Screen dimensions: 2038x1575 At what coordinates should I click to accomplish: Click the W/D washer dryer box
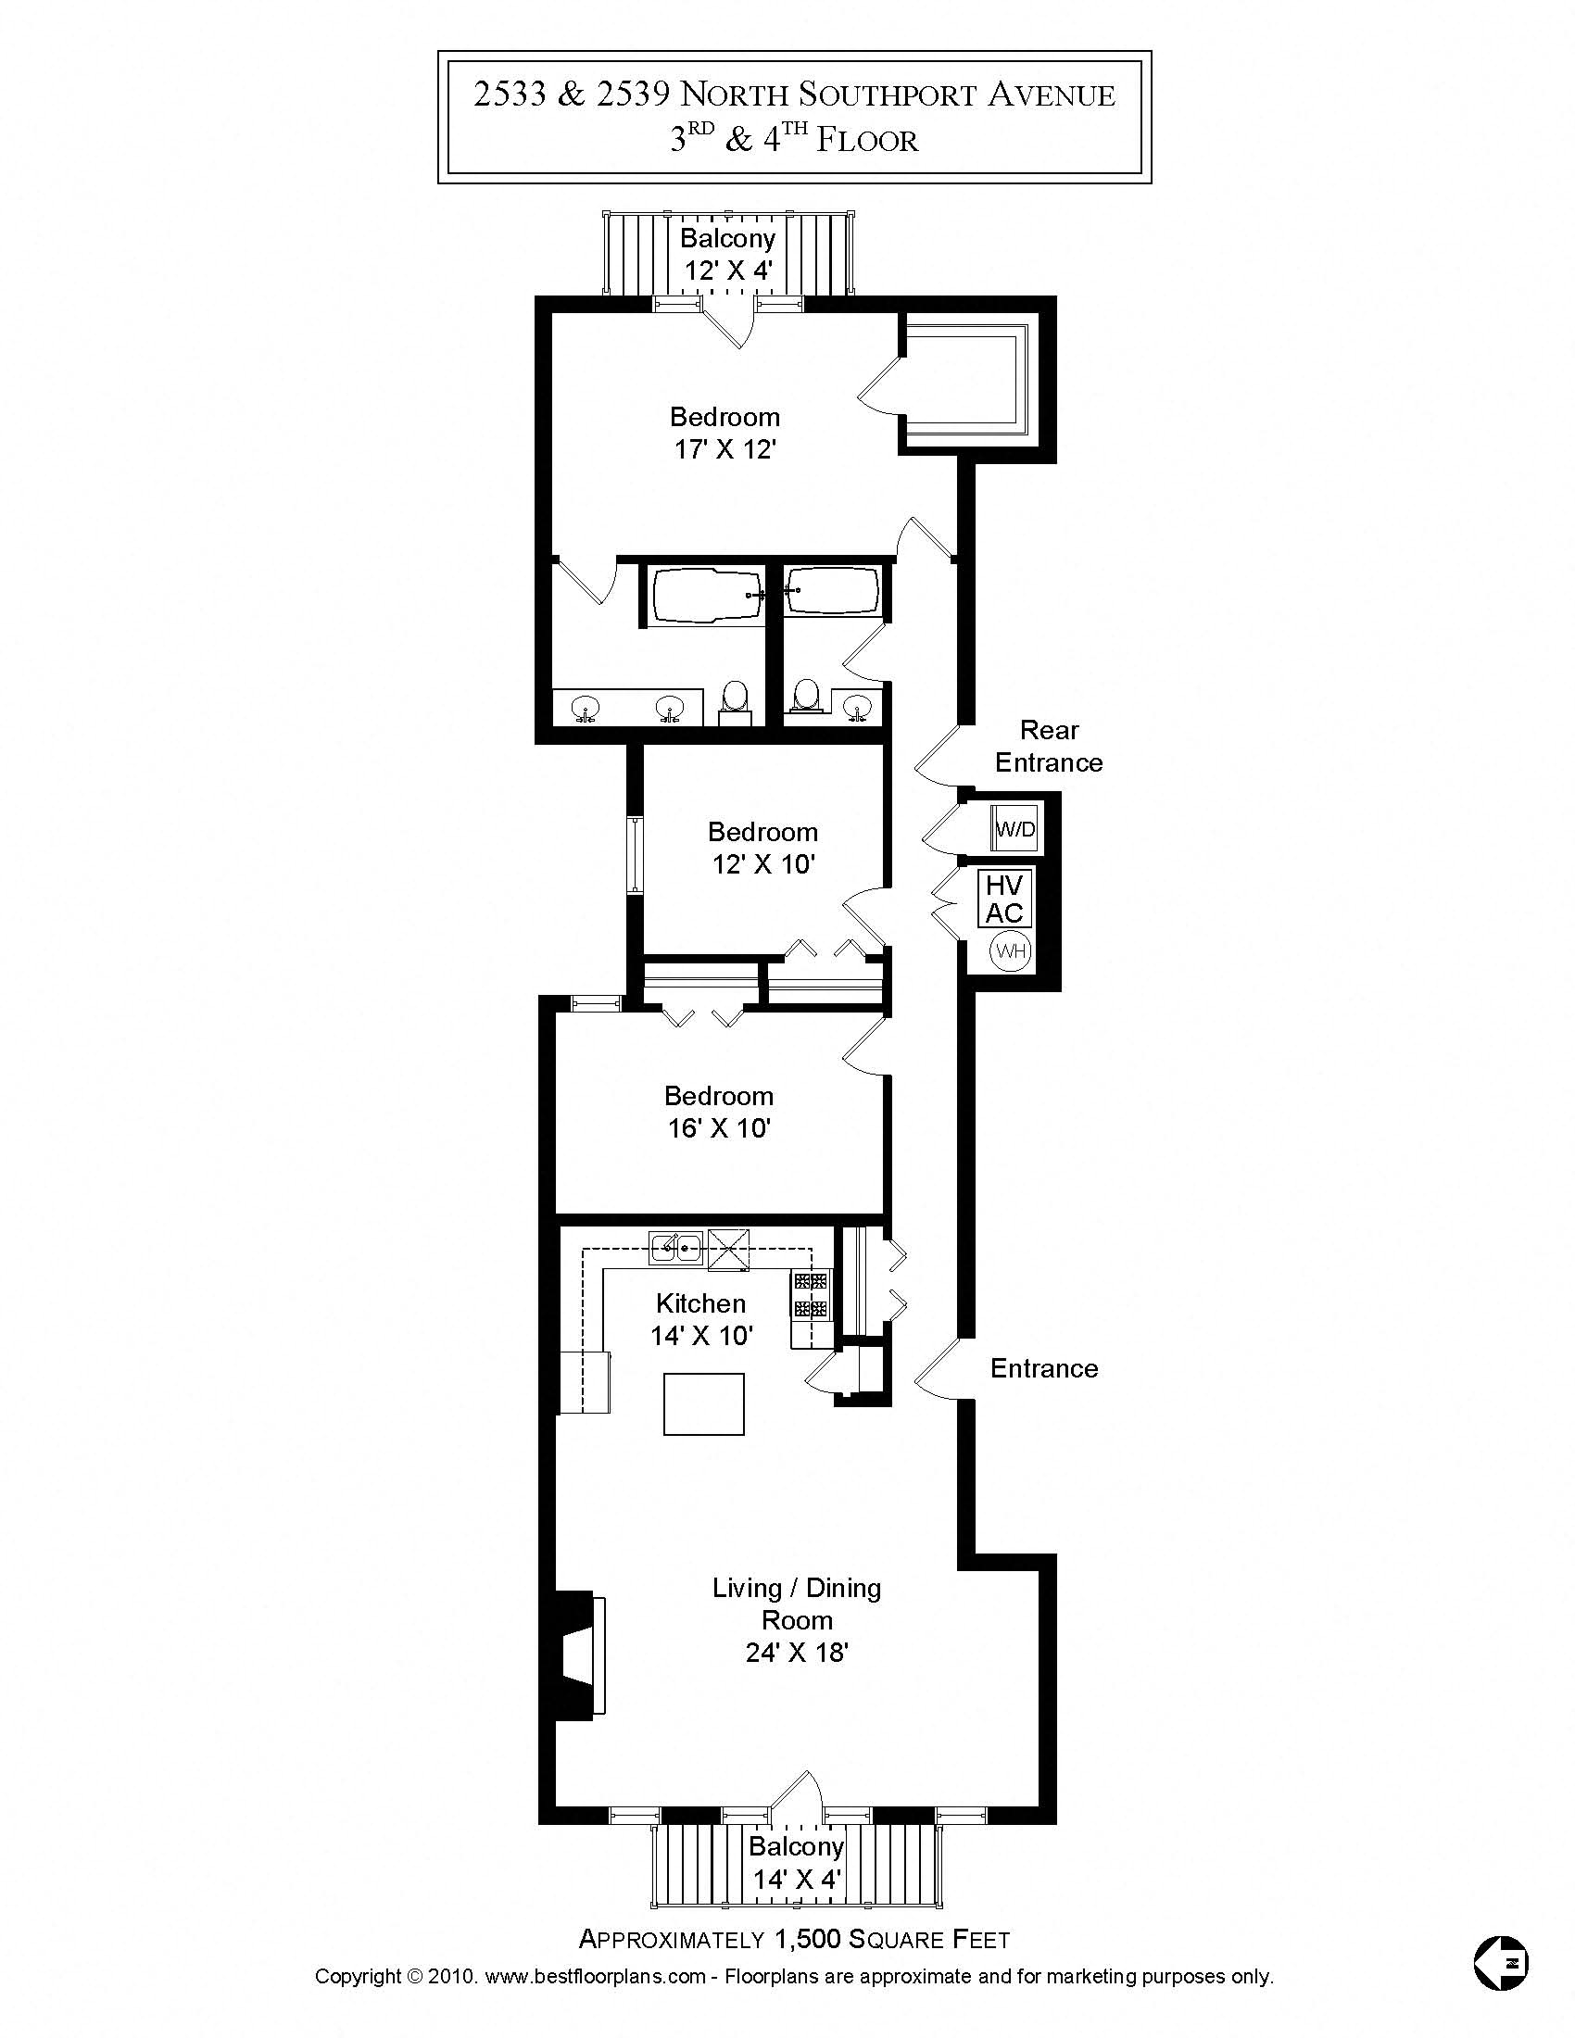click(x=1014, y=827)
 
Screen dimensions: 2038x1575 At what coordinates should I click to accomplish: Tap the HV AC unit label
click(x=1004, y=899)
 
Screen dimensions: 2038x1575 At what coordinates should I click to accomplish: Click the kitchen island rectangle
click(x=703, y=1403)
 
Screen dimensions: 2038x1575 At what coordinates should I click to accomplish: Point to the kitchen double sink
click(x=676, y=1247)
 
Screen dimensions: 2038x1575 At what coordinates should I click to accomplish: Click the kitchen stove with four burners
click(x=811, y=1295)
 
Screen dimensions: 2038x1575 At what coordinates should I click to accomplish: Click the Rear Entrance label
click(x=1049, y=747)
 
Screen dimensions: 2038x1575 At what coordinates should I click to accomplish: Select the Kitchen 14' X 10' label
click(x=701, y=1319)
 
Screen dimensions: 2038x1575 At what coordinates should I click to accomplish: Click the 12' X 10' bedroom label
click(x=763, y=848)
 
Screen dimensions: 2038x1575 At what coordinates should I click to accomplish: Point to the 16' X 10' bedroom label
click(x=718, y=1112)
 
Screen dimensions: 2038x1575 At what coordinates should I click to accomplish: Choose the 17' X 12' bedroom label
click(x=725, y=433)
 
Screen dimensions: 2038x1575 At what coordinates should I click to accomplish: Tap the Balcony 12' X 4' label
click(x=728, y=254)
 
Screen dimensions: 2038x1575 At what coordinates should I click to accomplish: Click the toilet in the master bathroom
click(x=736, y=698)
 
